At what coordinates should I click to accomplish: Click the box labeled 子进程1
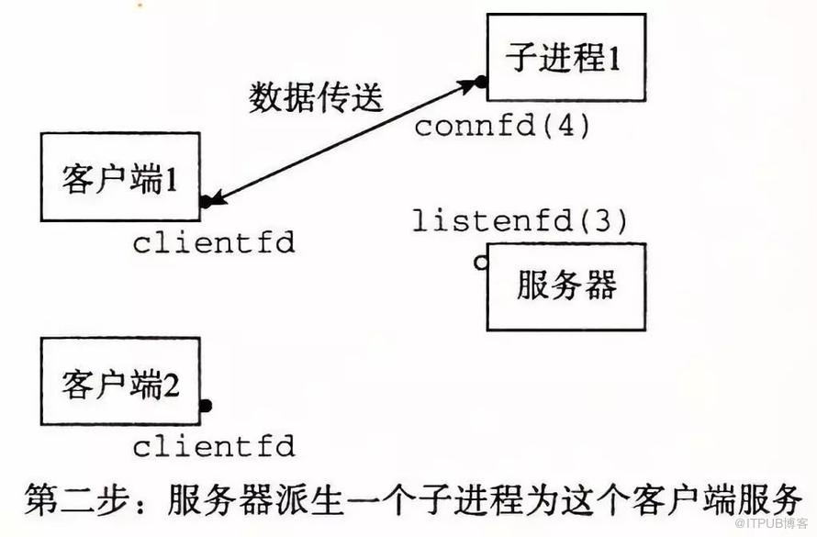[x=566, y=57]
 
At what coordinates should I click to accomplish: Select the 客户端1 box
[x=120, y=176]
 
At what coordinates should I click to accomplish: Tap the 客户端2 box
[x=120, y=381]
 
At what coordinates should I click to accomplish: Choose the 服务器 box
[x=566, y=286]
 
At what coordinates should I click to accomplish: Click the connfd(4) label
[x=502, y=126]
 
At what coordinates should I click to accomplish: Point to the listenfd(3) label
[x=520, y=221]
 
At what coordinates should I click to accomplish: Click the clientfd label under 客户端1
[x=214, y=242]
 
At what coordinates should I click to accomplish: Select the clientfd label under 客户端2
[x=214, y=447]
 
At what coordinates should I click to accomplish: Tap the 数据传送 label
[x=316, y=97]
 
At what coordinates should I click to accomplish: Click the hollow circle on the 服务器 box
[x=481, y=263]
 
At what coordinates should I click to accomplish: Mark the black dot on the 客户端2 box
[x=206, y=405]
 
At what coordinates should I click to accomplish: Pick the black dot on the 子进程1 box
[x=481, y=82]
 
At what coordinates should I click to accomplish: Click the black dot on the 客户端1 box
[x=206, y=202]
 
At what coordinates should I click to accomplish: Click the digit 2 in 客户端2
[x=171, y=386]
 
